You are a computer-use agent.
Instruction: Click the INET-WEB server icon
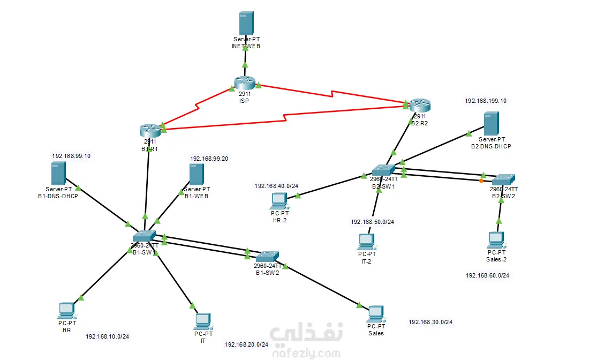pos(246,23)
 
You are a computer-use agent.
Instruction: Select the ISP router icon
pos(245,82)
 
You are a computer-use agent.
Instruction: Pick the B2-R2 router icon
pos(420,105)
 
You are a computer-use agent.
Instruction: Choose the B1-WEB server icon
pos(197,175)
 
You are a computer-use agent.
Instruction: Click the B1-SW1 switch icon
pos(144,236)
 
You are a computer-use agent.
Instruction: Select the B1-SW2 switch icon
pos(267,256)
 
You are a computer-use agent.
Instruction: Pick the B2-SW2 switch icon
pos(504,179)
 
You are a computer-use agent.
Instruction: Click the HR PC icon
pos(66,310)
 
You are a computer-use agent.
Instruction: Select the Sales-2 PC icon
pos(496,239)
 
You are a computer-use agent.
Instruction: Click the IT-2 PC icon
pos(366,241)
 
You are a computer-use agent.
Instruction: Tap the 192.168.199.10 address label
pos(485,101)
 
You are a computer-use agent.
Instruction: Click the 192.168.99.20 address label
pos(209,159)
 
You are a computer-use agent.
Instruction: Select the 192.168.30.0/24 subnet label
pos(430,322)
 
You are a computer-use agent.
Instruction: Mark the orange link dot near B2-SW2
pos(482,181)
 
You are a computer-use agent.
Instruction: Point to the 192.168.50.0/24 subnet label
pos(372,222)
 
